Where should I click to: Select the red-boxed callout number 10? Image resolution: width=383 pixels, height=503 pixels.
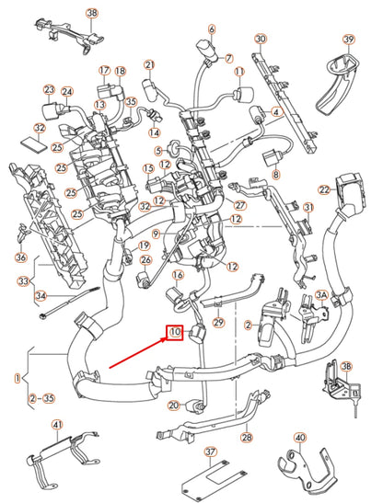[175, 332]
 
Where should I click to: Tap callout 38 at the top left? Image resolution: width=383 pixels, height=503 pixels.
[91, 13]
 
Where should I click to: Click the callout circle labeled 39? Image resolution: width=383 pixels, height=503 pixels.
[348, 40]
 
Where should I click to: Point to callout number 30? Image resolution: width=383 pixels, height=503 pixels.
[261, 40]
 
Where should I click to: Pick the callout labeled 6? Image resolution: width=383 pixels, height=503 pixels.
[211, 29]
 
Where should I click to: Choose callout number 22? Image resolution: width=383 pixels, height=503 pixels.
[324, 190]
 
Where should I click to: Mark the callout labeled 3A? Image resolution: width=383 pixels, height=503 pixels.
[322, 294]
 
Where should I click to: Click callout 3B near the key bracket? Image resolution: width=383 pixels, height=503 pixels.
[346, 366]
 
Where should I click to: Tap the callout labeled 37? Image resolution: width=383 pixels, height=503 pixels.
[210, 452]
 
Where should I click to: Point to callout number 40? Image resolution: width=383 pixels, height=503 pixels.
[299, 438]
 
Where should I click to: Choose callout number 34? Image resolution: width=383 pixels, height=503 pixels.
[40, 295]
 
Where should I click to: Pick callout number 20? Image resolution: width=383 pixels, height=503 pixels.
[174, 406]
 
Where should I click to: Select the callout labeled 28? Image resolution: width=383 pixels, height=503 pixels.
[246, 438]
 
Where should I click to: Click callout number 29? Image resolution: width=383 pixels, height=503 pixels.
[218, 323]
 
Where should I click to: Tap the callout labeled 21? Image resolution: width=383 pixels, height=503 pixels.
[149, 64]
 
